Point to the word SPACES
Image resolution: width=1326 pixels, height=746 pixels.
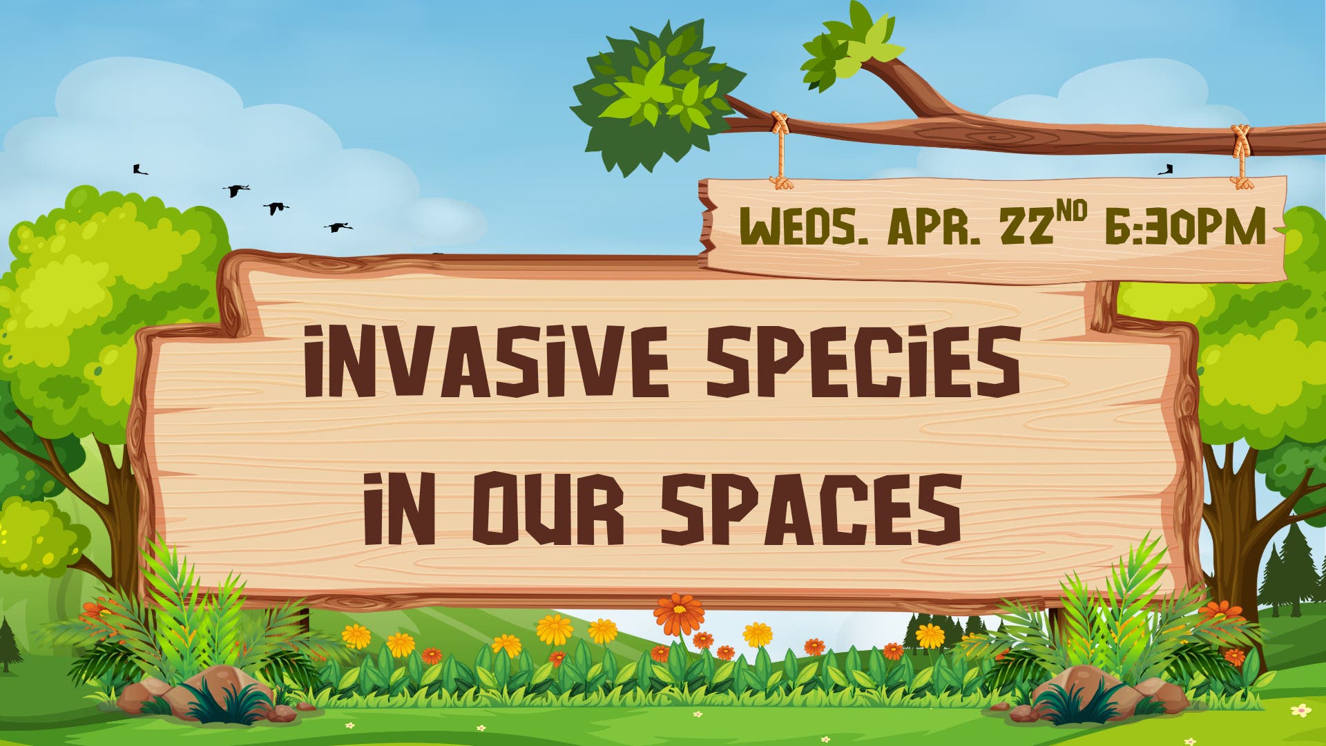811,508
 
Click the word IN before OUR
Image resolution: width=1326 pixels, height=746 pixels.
399,508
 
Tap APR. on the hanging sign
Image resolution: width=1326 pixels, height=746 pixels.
934,227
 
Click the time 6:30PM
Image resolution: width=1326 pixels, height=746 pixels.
1185,227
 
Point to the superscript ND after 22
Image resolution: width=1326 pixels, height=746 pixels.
1070,212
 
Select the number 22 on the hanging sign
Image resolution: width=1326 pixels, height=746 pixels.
1026,226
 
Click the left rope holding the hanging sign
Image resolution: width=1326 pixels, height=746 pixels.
781,152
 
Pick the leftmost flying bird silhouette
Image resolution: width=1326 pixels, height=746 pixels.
140,169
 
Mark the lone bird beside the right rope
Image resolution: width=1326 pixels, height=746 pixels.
1166,169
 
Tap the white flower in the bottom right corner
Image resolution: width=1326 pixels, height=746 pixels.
1301,710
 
